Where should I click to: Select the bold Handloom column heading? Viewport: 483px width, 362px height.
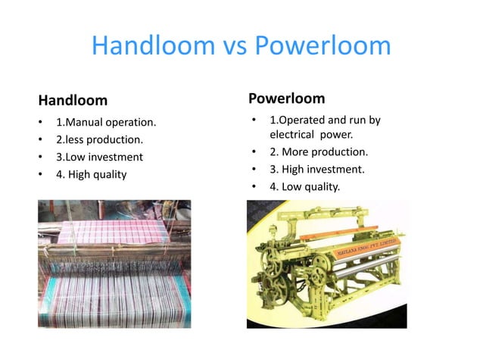click(x=73, y=100)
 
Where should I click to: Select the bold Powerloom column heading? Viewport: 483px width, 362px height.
click(x=286, y=98)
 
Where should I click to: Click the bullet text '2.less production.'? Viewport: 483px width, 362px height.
click(x=98, y=140)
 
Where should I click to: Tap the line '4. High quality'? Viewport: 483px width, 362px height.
click(x=91, y=175)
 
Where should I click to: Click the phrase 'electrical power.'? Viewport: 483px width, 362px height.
click(x=312, y=135)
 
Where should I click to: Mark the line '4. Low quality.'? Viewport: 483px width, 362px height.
click(x=305, y=186)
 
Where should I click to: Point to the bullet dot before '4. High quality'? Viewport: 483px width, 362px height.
click(x=39, y=175)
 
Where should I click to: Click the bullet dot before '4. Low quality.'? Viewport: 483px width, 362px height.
click(x=254, y=186)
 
